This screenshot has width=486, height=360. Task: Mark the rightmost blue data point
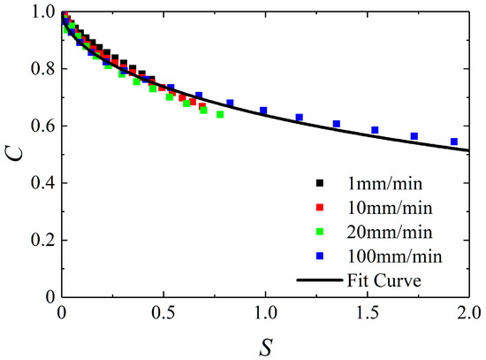tap(454, 142)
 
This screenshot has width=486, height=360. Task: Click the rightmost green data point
tap(220, 114)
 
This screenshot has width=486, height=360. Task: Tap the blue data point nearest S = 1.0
tap(263, 111)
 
